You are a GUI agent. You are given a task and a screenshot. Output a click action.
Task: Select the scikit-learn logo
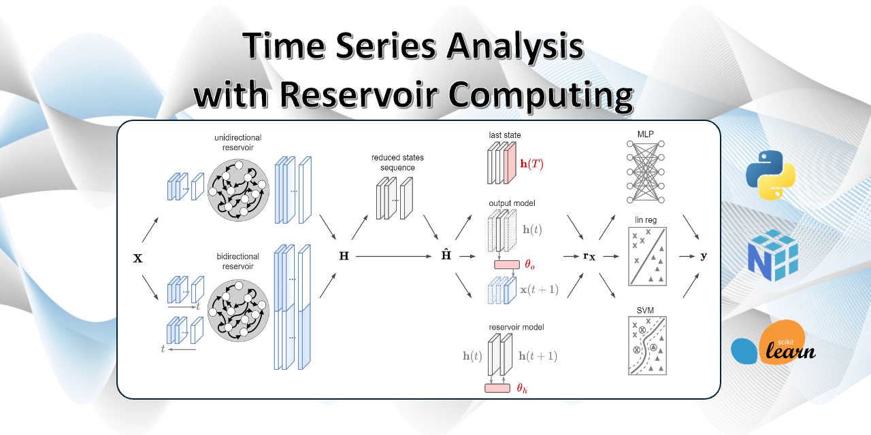point(772,345)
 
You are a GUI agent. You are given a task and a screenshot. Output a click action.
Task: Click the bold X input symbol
point(139,258)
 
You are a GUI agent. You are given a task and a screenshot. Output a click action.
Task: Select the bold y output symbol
point(703,256)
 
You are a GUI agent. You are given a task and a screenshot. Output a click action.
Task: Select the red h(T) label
point(531,164)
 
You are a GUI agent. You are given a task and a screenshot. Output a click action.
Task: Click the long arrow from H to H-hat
point(395,256)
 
